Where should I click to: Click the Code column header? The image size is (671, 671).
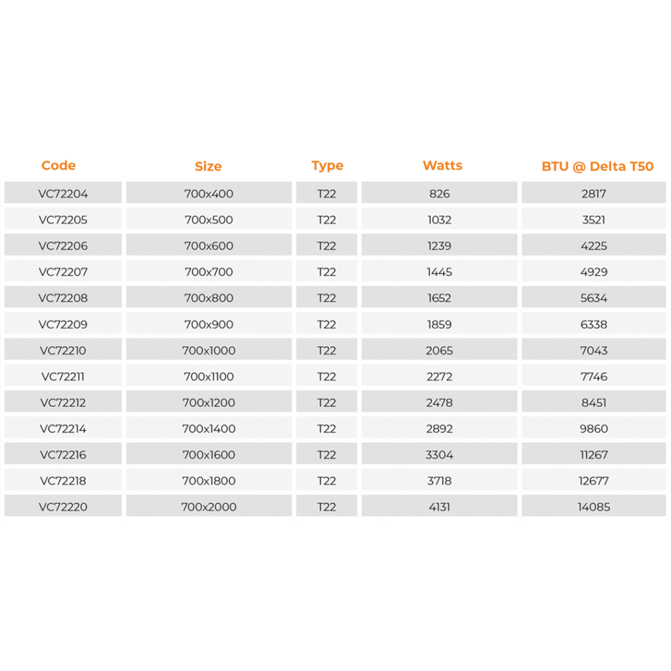click(x=58, y=166)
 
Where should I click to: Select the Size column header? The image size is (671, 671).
click(x=208, y=166)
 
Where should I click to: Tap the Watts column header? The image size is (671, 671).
click(x=442, y=166)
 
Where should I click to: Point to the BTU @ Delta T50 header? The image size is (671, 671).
click(x=597, y=166)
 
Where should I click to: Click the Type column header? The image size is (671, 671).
click(x=327, y=166)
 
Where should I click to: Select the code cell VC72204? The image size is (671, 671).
click(x=63, y=194)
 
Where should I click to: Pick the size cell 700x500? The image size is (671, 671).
click(x=208, y=220)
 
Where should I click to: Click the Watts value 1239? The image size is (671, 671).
click(x=439, y=246)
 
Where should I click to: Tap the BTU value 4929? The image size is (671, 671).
click(x=594, y=272)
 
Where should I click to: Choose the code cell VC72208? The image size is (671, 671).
click(x=63, y=298)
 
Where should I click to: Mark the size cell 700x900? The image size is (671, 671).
click(x=208, y=324)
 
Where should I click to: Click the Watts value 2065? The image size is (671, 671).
click(x=439, y=351)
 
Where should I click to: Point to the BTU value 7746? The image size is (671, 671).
click(x=594, y=377)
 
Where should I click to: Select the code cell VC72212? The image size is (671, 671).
click(x=63, y=403)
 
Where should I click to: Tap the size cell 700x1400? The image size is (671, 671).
click(x=208, y=429)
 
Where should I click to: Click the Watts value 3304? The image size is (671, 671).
click(x=439, y=455)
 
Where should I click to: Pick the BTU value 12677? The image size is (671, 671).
click(x=594, y=481)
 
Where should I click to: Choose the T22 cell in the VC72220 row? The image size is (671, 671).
click(x=326, y=507)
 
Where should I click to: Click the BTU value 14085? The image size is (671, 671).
click(x=594, y=507)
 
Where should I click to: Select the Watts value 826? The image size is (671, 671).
click(x=439, y=194)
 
